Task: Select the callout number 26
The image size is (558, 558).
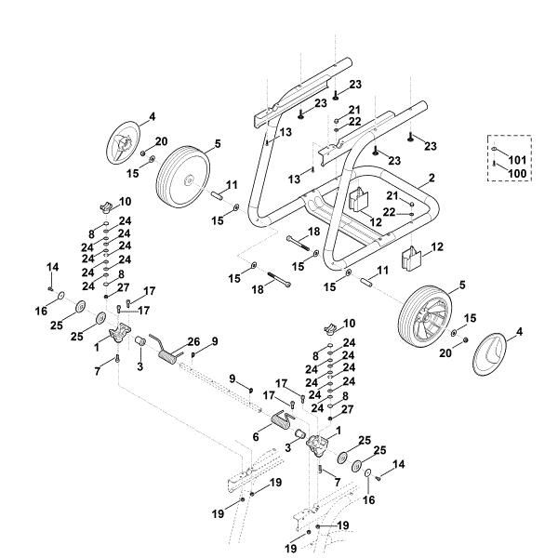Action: [x=194, y=340]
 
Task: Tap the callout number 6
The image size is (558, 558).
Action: [x=256, y=437]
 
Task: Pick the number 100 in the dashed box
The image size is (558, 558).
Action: [x=515, y=174]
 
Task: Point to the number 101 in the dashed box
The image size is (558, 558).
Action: [x=515, y=161]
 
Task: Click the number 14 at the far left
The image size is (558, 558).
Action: [x=53, y=267]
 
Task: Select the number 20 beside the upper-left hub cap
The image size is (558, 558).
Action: [x=160, y=141]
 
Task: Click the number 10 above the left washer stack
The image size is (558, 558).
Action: [x=126, y=201]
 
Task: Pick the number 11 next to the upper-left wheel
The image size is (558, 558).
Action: [x=232, y=186]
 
